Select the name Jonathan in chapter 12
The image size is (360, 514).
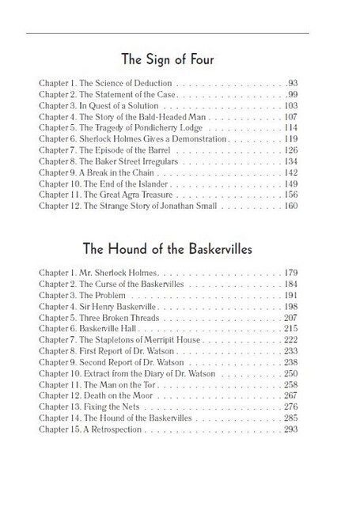click(166, 206)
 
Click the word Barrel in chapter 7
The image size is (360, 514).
click(135, 149)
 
